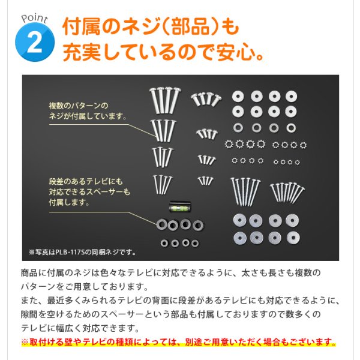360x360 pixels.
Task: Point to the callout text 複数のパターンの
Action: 78,106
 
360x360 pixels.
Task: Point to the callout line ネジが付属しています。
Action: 88,116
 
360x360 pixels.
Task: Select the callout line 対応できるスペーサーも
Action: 89,192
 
